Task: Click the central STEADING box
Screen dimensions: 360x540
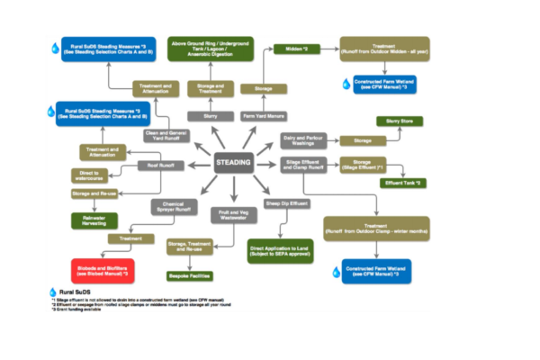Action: (238, 163)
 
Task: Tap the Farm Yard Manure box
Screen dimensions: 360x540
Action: (263, 115)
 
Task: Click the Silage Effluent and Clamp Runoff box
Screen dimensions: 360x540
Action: (307, 164)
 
